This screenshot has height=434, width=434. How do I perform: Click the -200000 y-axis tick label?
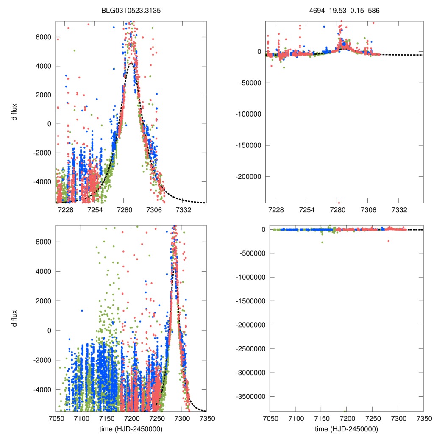click(x=251, y=176)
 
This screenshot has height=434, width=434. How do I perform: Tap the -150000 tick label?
click(x=251, y=145)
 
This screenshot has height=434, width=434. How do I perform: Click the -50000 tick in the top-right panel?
click(x=253, y=83)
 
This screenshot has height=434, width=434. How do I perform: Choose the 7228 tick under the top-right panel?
click(x=276, y=210)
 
